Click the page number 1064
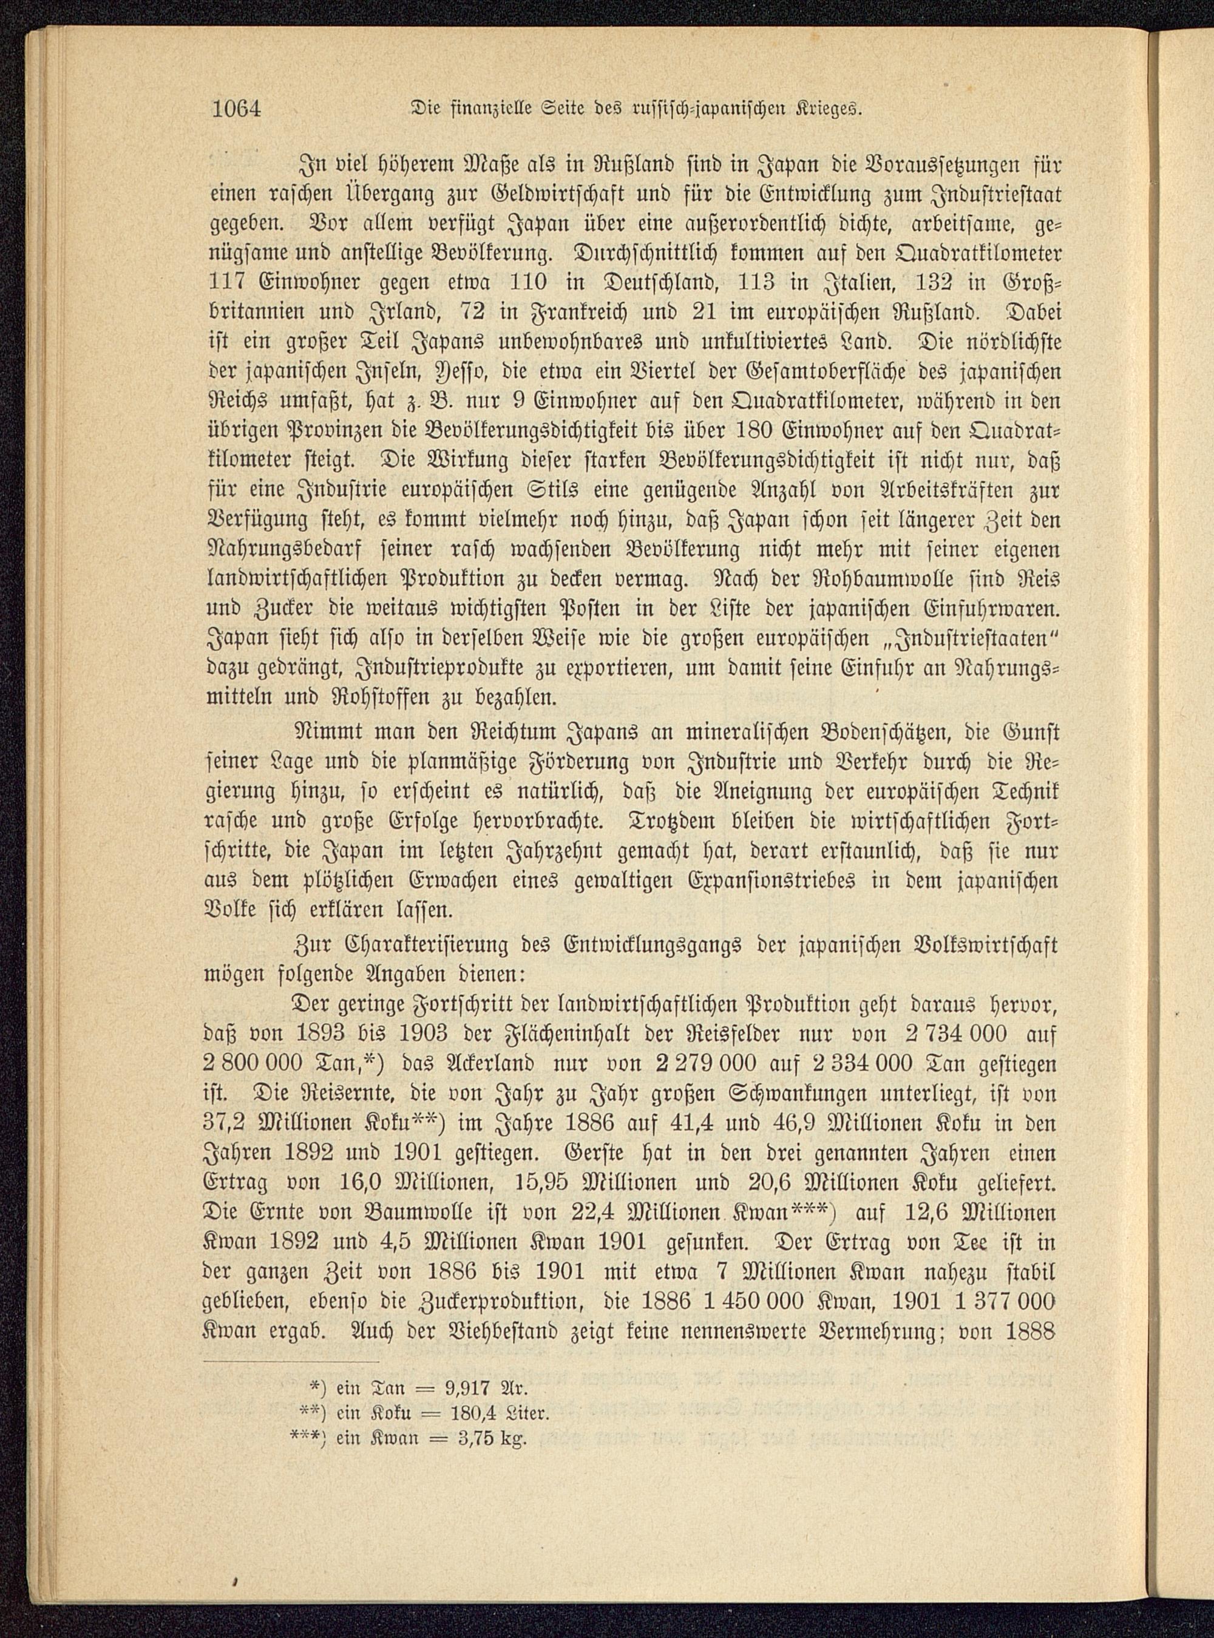pos(237,110)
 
